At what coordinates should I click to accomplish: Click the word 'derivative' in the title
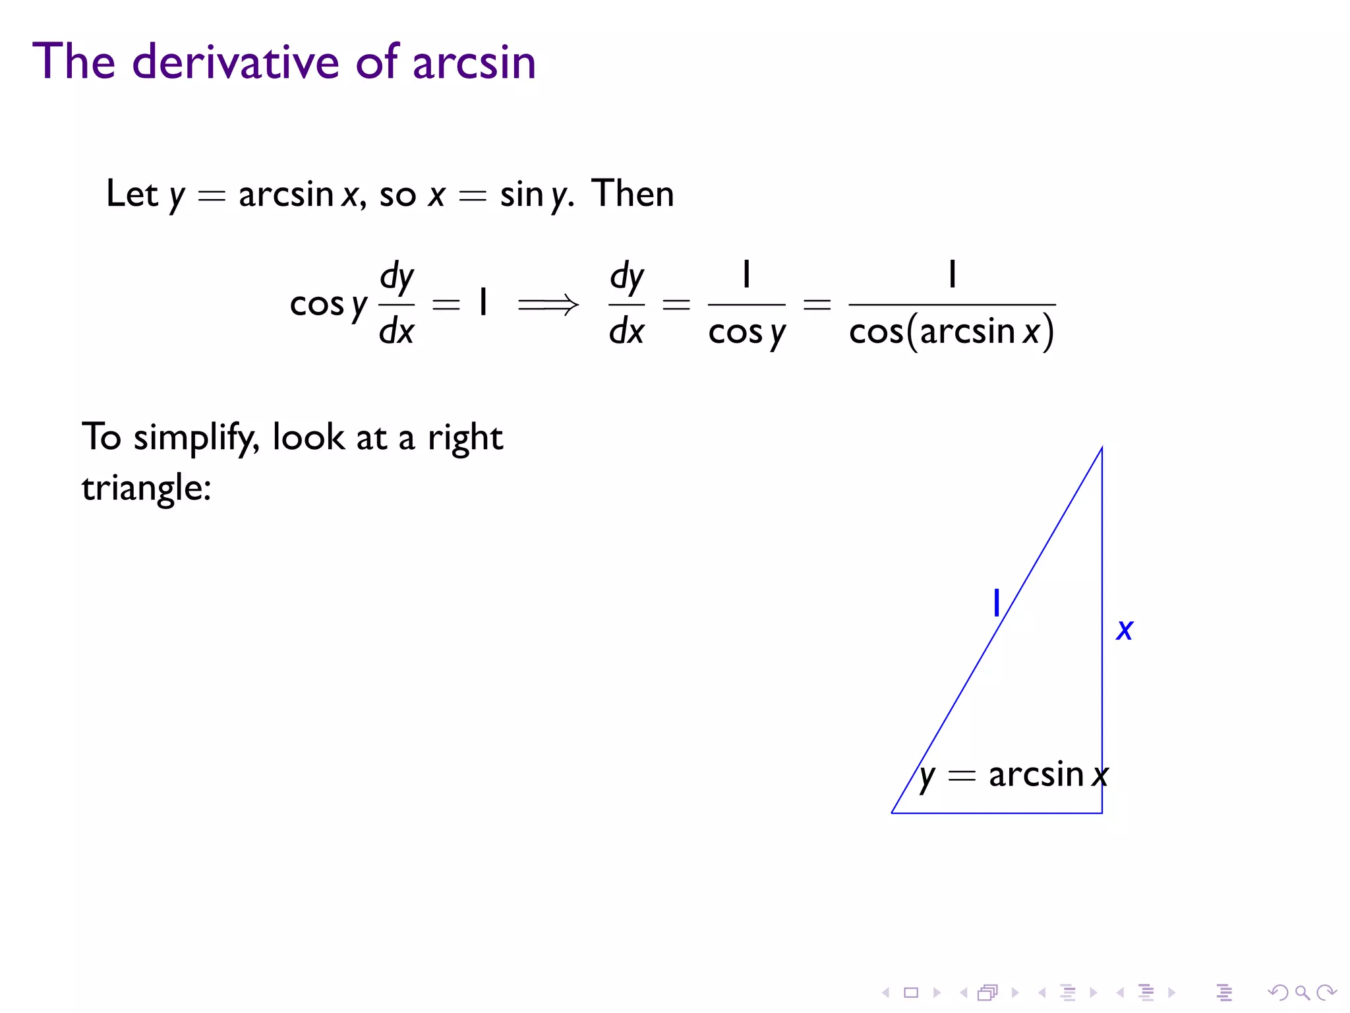pyautogui.click(x=236, y=62)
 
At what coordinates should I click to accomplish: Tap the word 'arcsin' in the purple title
pyautogui.click(x=474, y=63)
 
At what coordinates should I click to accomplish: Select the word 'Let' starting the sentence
pyautogui.click(x=132, y=194)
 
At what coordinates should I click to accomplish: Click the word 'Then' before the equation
pyautogui.click(x=633, y=194)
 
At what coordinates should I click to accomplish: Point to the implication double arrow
pyautogui.click(x=548, y=305)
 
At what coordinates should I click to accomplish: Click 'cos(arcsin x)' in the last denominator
pyautogui.click(x=951, y=332)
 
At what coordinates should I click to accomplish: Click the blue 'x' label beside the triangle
pyautogui.click(x=1125, y=630)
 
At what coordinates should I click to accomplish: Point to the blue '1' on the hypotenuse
pyautogui.click(x=997, y=603)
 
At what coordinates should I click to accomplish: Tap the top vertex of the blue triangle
pyautogui.click(x=1101, y=448)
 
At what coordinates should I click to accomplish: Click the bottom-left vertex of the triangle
pyautogui.click(x=892, y=813)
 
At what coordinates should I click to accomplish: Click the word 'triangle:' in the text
pyautogui.click(x=146, y=489)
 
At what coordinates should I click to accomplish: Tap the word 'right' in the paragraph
pyautogui.click(x=465, y=438)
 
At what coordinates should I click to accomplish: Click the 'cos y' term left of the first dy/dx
pyautogui.click(x=328, y=305)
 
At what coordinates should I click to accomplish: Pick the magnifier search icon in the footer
pyautogui.click(x=1301, y=992)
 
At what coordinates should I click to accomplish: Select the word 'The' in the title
pyautogui.click(x=74, y=62)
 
